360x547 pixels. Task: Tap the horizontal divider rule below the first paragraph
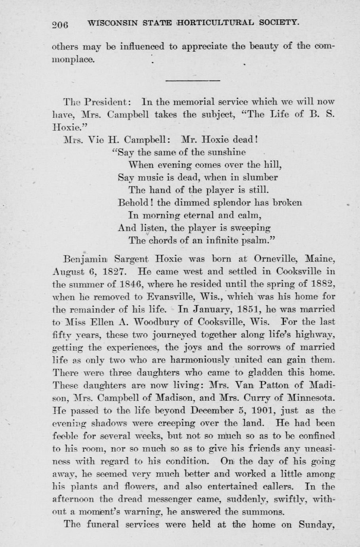point(192,80)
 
